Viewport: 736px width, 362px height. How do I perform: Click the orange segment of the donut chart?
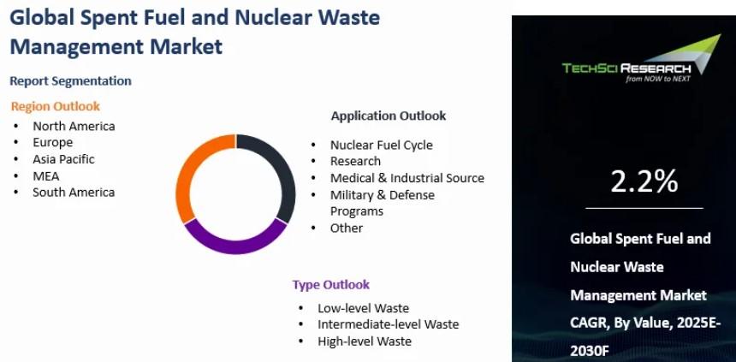[x=185, y=174]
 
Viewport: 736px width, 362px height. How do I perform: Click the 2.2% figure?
[x=644, y=181]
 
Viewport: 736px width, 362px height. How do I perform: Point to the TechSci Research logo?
[x=641, y=59]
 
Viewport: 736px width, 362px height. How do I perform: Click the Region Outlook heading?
[x=56, y=106]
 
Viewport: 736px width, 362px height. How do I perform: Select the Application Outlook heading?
[x=389, y=116]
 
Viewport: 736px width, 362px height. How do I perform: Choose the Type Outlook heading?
[x=331, y=284]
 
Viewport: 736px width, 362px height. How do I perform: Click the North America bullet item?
[x=74, y=126]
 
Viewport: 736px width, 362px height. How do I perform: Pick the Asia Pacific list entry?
[x=63, y=159]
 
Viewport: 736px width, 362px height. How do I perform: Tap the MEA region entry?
[x=46, y=176]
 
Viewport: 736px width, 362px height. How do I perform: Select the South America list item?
[x=74, y=192]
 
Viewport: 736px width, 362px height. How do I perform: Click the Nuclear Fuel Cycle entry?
[x=381, y=145]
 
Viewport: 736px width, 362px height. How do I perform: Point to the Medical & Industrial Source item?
[x=407, y=178]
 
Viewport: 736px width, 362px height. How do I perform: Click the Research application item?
[x=355, y=161]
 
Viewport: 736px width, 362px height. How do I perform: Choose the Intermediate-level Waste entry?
[x=389, y=324]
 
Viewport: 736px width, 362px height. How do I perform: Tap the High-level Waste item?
[x=365, y=341]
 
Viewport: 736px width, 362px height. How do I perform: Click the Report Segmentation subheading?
[x=70, y=80]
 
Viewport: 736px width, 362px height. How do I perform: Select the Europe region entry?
[x=52, y=142]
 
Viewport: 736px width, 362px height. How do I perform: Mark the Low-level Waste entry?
[x=364, y=308]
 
